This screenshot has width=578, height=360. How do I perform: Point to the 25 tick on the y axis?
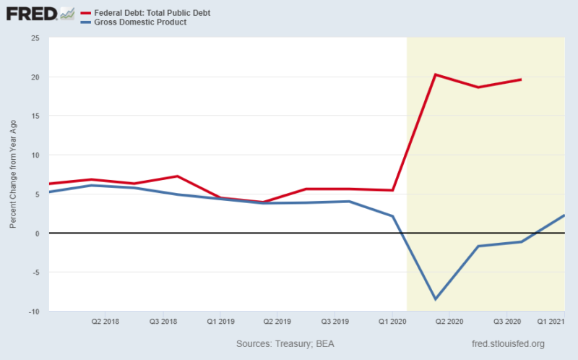pyautogui.click(x=35, y=38)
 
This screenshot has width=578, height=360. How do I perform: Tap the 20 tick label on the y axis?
pyautogui.click(x=35, y=77)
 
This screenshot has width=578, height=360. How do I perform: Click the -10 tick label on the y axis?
pyautogui.click(x=33, y=311)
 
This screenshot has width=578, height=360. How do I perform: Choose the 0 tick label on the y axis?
pyautogui.click(x=37, y=233)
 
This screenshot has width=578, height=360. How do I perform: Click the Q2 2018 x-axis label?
pyautogui.click(x=105, y=320)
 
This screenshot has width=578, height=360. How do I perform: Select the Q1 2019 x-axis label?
pyautogui.click(x=220, y=320)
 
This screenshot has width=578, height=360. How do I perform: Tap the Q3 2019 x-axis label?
pyautogui.click(x=335, y=320)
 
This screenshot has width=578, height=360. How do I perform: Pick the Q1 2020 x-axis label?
pyautogui.click(x=392, y=320)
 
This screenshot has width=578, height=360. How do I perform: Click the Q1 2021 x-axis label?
pyautogui.click(x=550, y=320)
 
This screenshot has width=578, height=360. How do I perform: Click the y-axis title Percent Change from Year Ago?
pyautogui.click(x=12, y=174)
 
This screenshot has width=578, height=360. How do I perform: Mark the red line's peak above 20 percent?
pyautogui.click(x=435, y=74)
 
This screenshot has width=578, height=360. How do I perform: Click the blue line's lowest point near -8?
pyautogui.click(x=435, y=299)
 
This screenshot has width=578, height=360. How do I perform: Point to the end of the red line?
pyautogui.click(x=521, y=80)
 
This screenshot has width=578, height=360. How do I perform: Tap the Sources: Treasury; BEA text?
pyautogui.click(x=285, y=344)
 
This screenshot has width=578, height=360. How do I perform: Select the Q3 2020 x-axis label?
pyautogui.click(x=507, y=320)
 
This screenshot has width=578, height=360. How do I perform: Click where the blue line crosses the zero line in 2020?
pyautogui.click(x=402, y=233)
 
